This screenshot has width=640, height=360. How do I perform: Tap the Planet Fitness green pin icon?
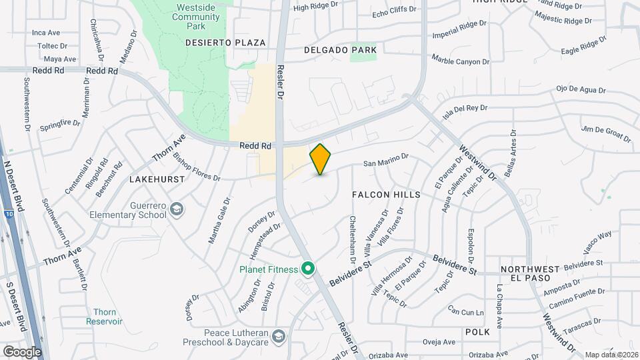(308, 269)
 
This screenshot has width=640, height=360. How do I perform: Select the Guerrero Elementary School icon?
(177, 210)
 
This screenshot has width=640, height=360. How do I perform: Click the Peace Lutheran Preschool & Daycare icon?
(279, 336)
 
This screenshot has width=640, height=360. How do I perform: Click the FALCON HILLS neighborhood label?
(387, 195)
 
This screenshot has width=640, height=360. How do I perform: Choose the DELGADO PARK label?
(340, 50)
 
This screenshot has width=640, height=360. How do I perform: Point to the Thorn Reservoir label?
(104, 316)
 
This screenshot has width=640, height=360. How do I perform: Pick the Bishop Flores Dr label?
(196, 167)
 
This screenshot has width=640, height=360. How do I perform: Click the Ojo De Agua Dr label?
(581, 89)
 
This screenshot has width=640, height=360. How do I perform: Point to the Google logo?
(22, 351)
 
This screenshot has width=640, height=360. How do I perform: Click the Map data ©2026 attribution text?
(611, 355)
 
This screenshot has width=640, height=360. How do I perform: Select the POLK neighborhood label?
(478, 331)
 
